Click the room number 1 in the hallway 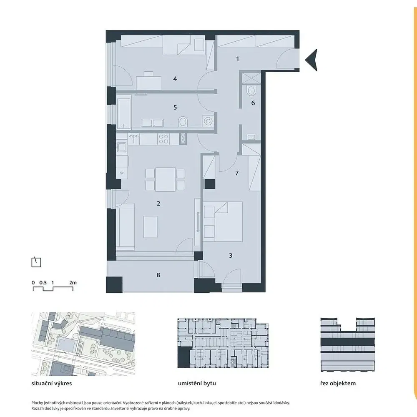(238, 59)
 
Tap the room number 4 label (175, 79)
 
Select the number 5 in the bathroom (175, 107)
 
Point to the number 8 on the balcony (158, 275)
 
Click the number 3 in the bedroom (231, 256)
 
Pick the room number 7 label (237, 173)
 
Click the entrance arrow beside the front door (311, 60)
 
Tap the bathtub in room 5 (124, 112)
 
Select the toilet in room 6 (251, 90)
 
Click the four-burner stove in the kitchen (163, 139)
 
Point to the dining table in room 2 (166, 179)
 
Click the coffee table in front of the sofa (150, 227)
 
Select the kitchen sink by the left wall (122, 146)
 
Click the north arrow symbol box (36, 262)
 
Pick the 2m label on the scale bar (73, 283)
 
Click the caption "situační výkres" (52, 384)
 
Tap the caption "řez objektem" (338, 384)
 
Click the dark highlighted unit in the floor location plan (184, 357)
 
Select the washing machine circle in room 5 (208, 121)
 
